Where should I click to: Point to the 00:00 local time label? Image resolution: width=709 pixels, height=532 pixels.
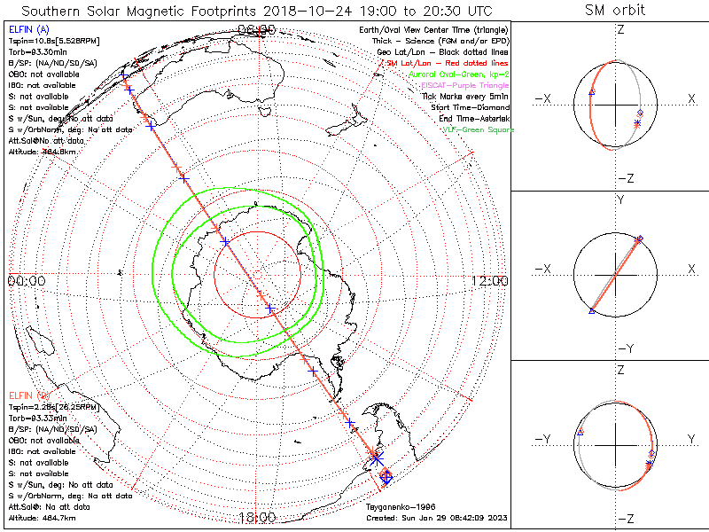click(x=26, y=281)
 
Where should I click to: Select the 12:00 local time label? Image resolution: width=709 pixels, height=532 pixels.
click(x=489, y=281)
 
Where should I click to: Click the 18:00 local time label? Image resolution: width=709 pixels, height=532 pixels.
click(x=257, y=517)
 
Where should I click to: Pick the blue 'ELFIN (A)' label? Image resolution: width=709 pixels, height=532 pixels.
click(x=26, y=30)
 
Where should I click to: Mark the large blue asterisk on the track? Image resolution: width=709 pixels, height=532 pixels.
click(x=377, y=458)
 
